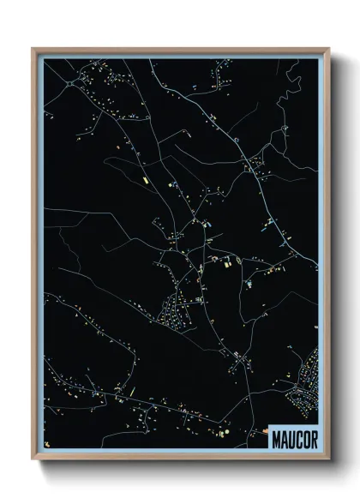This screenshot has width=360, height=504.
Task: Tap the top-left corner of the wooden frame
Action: click(33, 49)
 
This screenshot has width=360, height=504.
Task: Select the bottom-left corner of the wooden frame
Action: click(33, 460)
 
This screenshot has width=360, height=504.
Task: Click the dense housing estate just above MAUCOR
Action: click(304, 386)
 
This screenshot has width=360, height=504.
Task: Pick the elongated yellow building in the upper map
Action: click(144, 181)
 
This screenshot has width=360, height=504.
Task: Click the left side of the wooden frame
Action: click(36, 257)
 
